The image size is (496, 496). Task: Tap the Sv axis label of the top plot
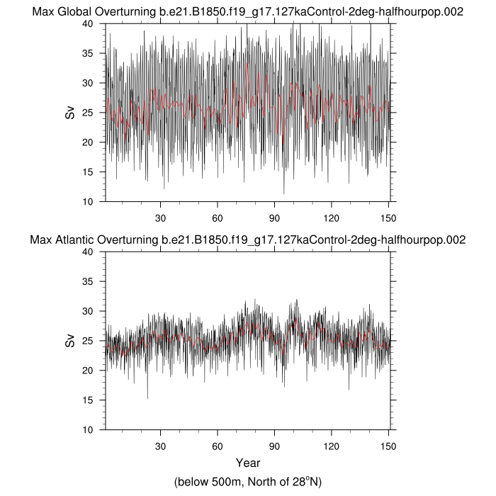(70, 112)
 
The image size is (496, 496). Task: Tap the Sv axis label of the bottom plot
(70, 340)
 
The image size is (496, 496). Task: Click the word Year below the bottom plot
(248, 463)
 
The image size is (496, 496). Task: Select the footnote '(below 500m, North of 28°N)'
(248, 482)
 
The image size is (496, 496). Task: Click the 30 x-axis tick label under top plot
(160, 217)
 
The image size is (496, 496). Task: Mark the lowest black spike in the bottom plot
(147, 398)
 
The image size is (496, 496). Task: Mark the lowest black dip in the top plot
(283, 193)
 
